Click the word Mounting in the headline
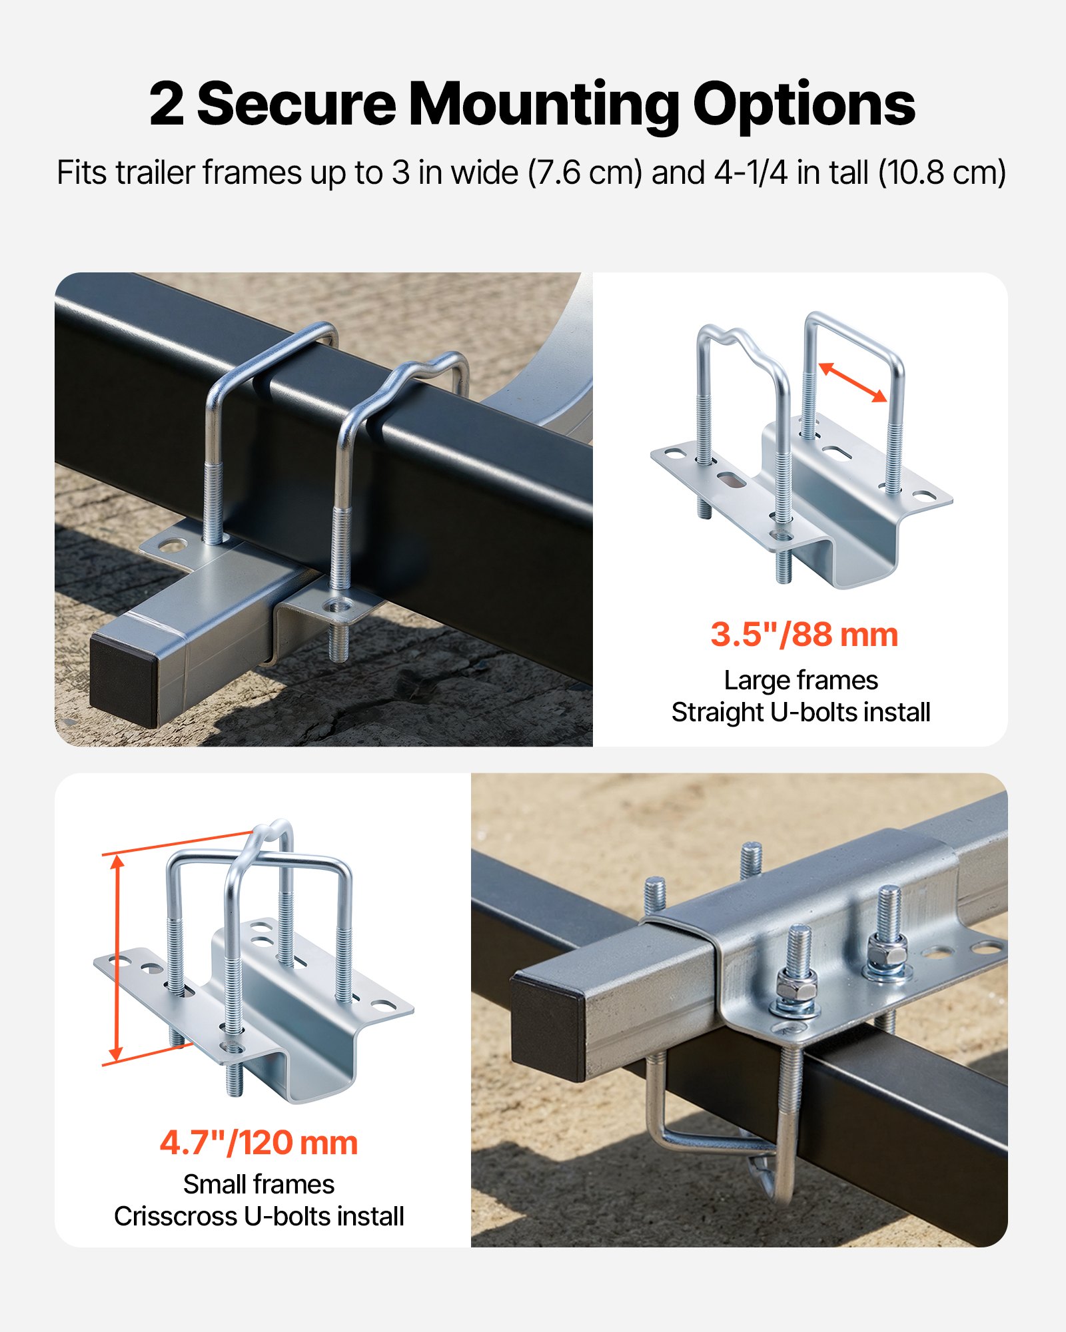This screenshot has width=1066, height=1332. tap(543, 105)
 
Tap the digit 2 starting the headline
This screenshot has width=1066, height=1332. tap(166, 105)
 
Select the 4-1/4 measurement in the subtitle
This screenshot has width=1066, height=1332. tap(751, 172)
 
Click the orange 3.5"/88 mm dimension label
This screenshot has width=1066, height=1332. tap(804, 634)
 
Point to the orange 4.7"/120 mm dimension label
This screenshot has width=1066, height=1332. tap(259, 1143)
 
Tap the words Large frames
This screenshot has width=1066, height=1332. tap(801, 680)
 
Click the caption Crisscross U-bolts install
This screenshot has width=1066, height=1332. tap(259, 1216)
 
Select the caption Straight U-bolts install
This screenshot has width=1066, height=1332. tap(801, 712)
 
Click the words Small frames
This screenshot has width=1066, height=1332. tap(259, 1184)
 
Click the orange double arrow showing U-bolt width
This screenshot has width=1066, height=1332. tap(852, 382)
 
